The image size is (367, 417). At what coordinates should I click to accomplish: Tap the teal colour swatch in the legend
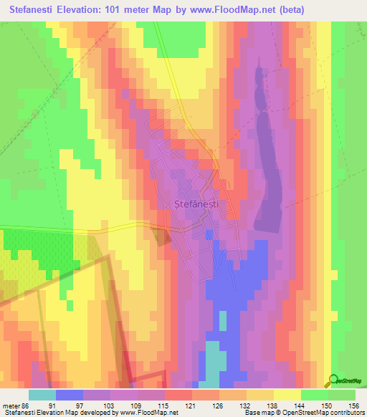42,394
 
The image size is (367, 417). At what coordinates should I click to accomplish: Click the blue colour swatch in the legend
70,394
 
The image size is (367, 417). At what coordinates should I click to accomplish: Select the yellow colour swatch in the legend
287,394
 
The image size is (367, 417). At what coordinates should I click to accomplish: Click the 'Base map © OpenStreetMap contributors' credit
303,413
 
